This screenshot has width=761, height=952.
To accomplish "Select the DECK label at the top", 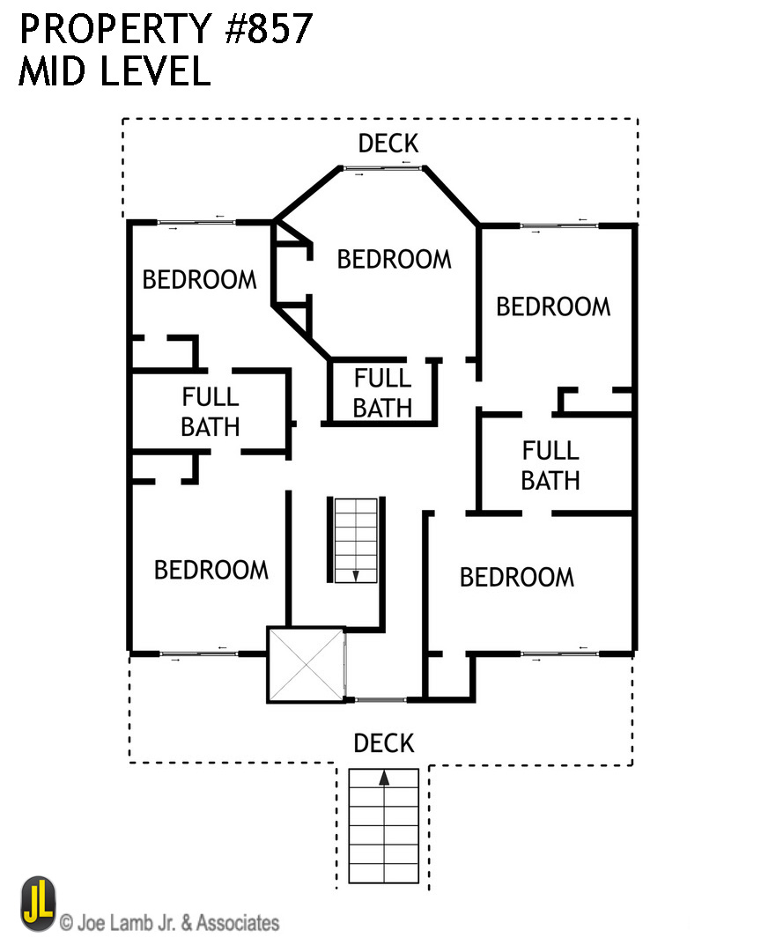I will pos(388,144).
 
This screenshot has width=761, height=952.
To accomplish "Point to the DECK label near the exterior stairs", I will pos(383,743).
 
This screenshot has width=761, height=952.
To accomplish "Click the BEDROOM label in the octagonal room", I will pos(394,260).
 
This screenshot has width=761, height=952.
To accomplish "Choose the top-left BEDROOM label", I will pos(199,280).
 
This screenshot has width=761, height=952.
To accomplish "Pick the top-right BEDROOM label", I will pos(553,307).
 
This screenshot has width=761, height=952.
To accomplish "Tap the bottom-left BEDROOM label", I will pos(211,571).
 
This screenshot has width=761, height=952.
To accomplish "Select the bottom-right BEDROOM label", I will pos(517,578).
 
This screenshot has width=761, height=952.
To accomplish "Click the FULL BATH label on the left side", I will pos(210,412).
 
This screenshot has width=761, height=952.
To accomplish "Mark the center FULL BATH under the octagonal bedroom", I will pos(382,393).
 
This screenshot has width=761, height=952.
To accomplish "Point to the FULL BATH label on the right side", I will pos(550,466).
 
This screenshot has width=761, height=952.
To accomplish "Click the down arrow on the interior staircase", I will pos(356,574).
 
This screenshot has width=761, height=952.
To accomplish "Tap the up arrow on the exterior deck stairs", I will pos(384,779).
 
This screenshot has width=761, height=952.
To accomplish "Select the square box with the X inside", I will pos(306,665).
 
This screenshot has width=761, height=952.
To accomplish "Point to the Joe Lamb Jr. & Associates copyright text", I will pos(170,923).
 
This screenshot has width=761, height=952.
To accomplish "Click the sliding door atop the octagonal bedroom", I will pos(383,168).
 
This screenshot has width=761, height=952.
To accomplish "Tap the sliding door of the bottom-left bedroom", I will pos(198,653).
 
